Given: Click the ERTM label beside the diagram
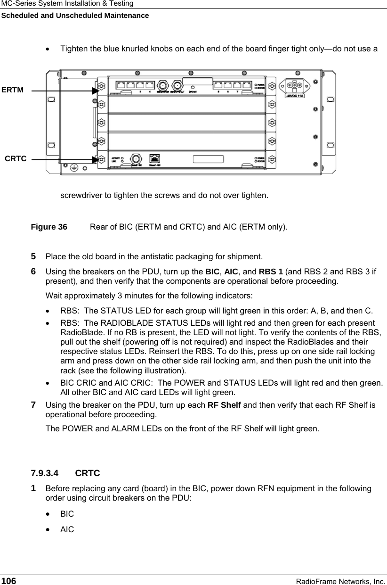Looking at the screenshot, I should pos(12,90).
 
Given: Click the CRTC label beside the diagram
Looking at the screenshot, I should pos(16,159).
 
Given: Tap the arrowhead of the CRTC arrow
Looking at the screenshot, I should pos(96,160).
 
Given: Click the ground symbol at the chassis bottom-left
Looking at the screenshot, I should pos(74,167).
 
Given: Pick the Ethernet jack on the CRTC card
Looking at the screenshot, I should pos(154,159).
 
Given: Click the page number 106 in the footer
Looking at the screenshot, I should pos(8,581).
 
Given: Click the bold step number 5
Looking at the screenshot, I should pos(33,256).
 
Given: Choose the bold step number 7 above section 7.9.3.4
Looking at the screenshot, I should pos(33,404).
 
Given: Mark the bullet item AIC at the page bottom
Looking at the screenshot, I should pos(67,529).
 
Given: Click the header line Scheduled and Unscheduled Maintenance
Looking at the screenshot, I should pos(74,16).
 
